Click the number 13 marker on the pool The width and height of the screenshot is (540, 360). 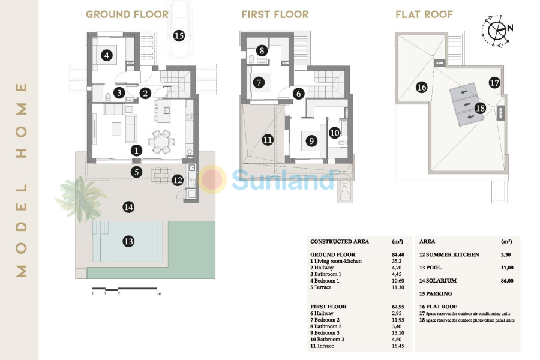tap(128, 241)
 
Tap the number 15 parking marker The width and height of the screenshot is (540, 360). tap(178, 35)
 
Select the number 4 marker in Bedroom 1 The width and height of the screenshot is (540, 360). tap(107, 56)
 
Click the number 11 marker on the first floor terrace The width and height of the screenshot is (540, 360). tap(268, 140)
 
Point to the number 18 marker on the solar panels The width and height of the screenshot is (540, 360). tap(480, 109)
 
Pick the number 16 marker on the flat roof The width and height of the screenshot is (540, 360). tap(421, 88)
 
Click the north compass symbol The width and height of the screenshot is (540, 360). tap(497, 29)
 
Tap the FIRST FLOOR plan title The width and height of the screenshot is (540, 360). tap(275, 14)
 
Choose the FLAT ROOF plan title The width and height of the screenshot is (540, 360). tap(424, 14)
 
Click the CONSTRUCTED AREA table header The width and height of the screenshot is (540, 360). tap(340, 242)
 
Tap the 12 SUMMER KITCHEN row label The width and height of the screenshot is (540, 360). tap(449, 254)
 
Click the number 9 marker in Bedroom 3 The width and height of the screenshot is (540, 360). tap(311, 141)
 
